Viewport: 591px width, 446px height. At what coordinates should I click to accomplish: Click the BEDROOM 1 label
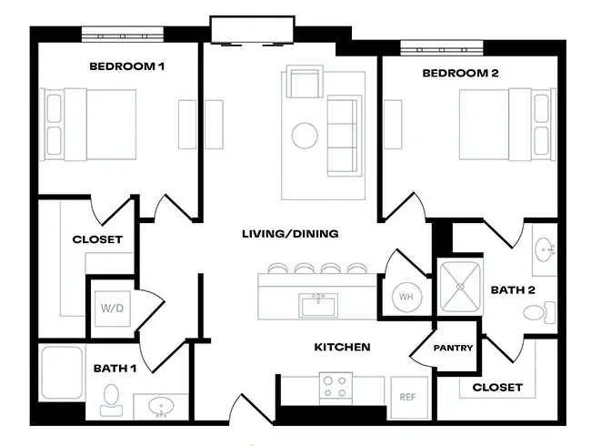coord(125,66)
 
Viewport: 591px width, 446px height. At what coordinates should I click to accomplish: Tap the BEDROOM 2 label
coord(461,72)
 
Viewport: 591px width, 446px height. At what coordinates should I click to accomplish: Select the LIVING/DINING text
coord(290,234)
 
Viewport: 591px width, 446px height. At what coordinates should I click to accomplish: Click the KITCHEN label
coord(342,347)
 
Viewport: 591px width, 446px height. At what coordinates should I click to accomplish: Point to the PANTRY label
coord(453,348)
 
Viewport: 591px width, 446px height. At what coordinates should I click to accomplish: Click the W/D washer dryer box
coord(112,308)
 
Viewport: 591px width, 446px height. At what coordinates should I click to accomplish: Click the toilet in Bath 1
coord(111,399)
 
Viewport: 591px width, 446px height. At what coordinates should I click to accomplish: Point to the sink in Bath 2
coord(544,248)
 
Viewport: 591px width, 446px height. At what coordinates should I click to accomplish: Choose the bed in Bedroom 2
coord(506,124)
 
